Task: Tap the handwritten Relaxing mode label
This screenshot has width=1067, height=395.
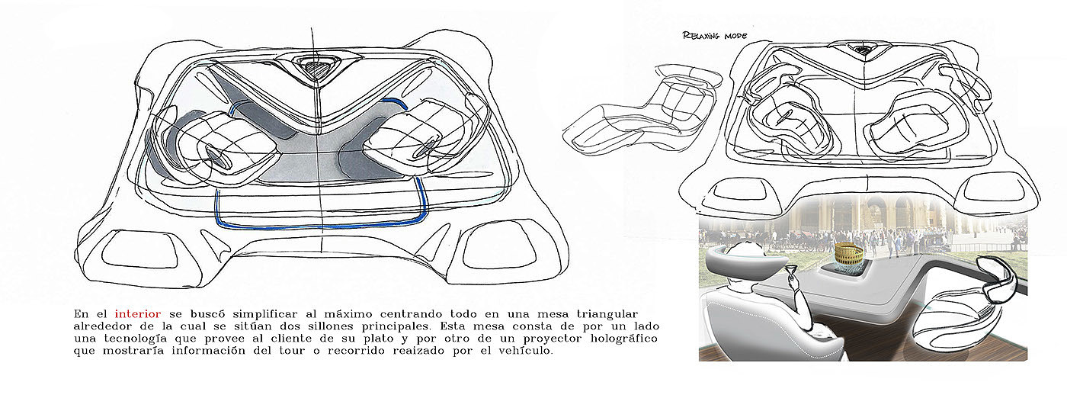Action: point(714,36)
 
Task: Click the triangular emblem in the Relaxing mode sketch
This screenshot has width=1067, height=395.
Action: point(863,50)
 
